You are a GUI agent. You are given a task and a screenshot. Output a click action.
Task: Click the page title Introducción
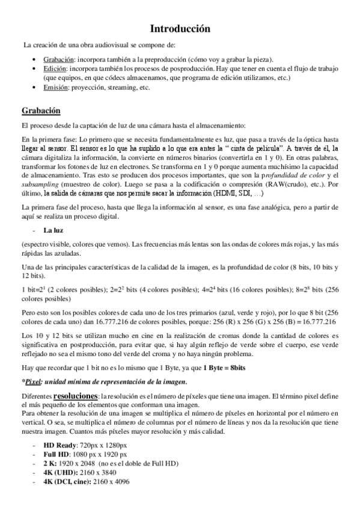click(x=180, y=28)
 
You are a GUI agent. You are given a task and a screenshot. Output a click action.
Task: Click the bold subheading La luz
click(x=53, y=230)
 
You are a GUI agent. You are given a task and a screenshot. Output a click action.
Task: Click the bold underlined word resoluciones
click(x=75, y=396)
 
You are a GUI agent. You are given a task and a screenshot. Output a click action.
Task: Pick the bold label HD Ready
click(x=60, y=444)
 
